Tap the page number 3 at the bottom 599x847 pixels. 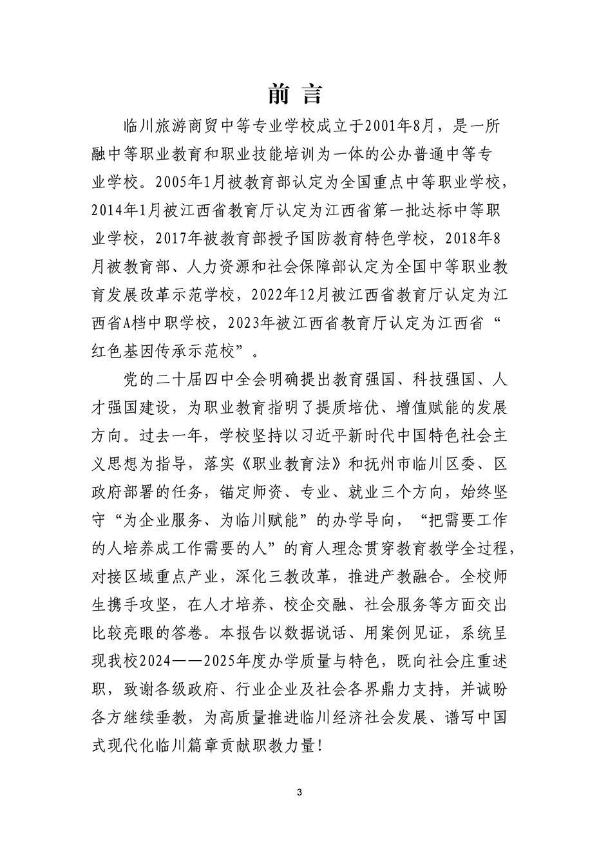[x=299, y=792]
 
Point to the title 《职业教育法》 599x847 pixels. [x=224, y=464]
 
